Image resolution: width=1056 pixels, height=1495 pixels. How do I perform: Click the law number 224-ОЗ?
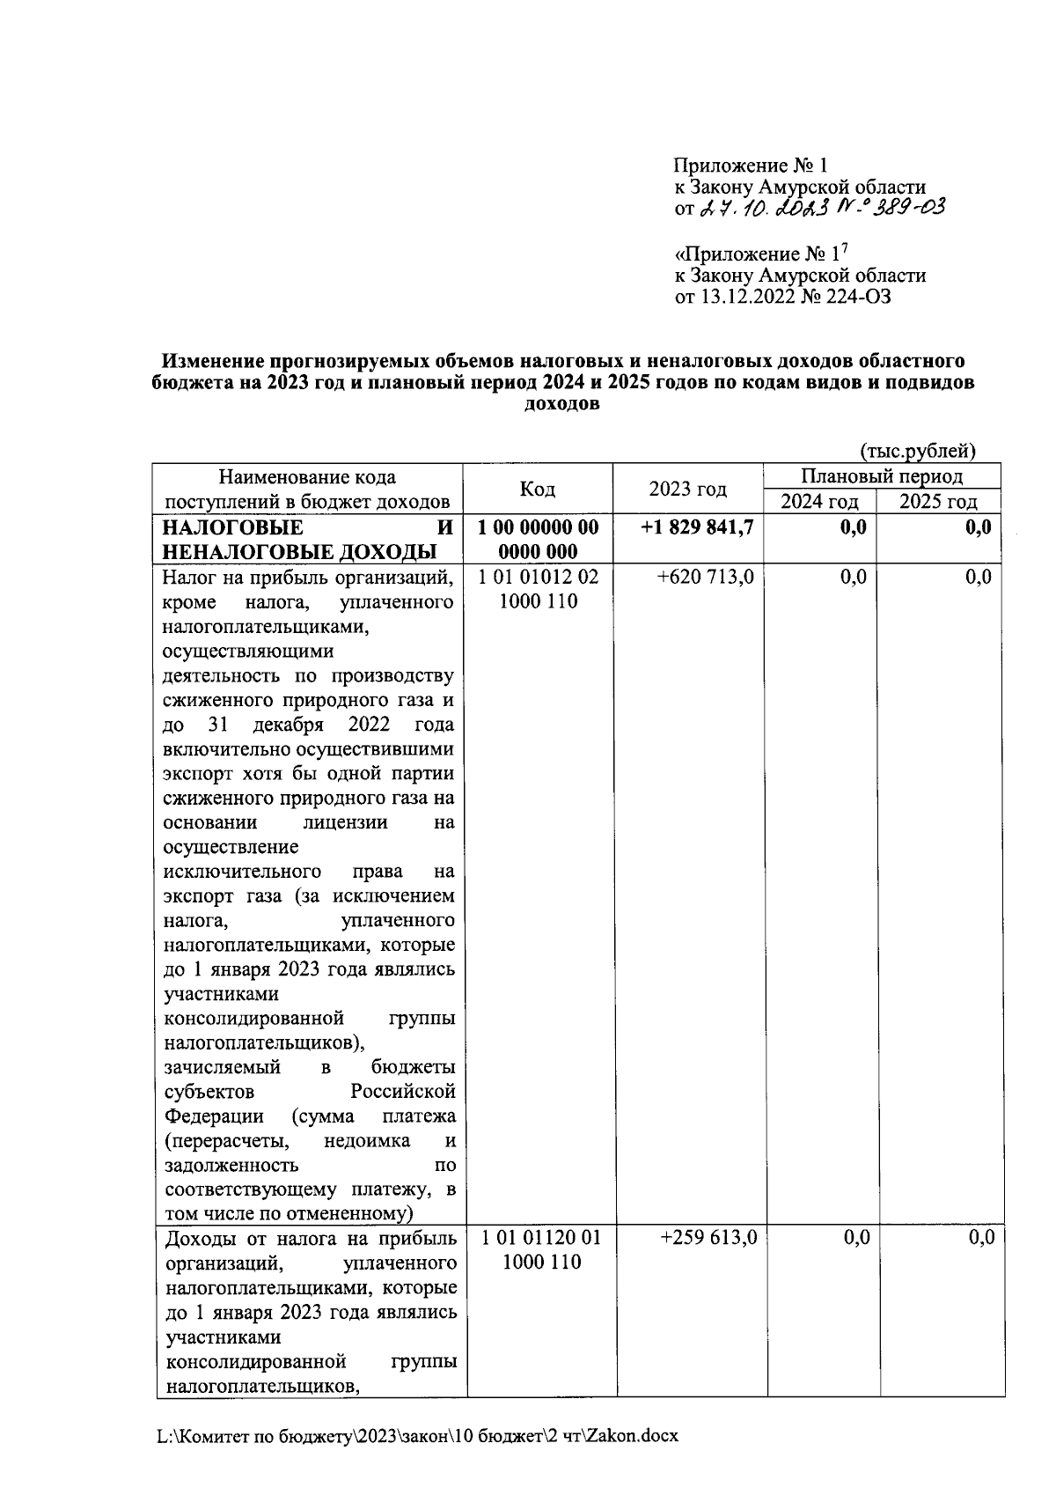coord(858,298)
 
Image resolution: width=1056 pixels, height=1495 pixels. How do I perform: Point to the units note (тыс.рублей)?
coord(918,451)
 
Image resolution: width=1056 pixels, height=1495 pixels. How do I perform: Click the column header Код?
coord(538,490)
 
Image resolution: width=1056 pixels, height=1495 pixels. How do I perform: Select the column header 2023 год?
coord(688,490)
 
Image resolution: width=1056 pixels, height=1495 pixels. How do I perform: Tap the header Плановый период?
coord(882,477)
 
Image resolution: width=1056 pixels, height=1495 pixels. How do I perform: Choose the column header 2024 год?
coord(818,502)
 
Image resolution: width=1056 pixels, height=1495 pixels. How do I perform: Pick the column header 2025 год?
coord(938,502)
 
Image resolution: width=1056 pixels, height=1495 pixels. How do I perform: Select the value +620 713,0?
coord(706,577)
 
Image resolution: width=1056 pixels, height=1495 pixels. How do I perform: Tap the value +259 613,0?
coord(708,1237)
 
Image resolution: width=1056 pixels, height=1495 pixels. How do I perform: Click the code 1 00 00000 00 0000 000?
coord(538,540)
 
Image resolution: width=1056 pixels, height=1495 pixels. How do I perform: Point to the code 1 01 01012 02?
coord(538,577)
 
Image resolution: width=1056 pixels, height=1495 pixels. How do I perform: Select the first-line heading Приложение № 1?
coord(751,166)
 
